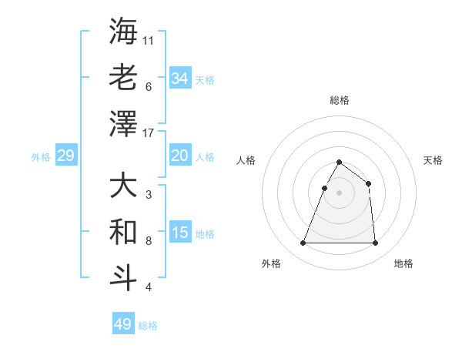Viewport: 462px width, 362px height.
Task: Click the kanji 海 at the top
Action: point(123,32)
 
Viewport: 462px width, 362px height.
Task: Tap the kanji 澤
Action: point(123,124)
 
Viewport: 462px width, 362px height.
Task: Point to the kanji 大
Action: point(123,187)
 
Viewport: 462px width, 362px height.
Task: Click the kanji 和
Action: point(123,233)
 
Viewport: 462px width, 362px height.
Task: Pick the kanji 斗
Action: point(123,279)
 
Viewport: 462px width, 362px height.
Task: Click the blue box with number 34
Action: point(179,78)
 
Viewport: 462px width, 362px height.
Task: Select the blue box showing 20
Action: point(179,156)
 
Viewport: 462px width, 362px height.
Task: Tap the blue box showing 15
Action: point(179,233)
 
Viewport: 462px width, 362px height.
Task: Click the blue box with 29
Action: point(65,156)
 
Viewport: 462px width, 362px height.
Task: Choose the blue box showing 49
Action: point(123,324)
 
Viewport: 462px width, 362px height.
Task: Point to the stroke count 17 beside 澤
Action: point(149,133)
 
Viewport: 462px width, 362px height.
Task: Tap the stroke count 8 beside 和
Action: point(149,241)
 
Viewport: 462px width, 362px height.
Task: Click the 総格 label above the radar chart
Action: point(339,100)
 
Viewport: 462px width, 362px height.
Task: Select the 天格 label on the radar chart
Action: point(433,160)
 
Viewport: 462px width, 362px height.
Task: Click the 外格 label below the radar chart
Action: point(271,263)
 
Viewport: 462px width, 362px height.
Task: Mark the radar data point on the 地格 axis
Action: point(375,243)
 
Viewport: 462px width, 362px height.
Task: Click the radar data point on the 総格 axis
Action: point(339,163)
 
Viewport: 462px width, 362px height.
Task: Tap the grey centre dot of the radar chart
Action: point(339,193)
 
